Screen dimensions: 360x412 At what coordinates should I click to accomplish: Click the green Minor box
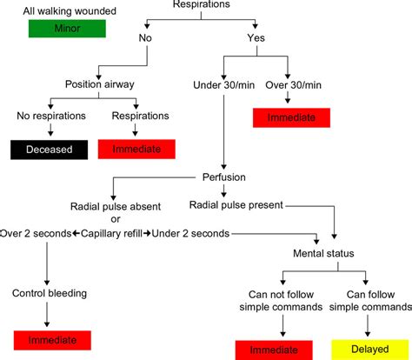[x=66, y=28]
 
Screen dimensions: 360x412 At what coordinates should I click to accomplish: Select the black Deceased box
[x=47, y=150]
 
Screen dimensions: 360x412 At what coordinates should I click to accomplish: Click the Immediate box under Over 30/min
[x=294, y=117]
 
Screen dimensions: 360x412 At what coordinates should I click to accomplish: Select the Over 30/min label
[x=294, y=84]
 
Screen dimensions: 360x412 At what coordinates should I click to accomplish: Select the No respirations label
[x=50, y=115]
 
